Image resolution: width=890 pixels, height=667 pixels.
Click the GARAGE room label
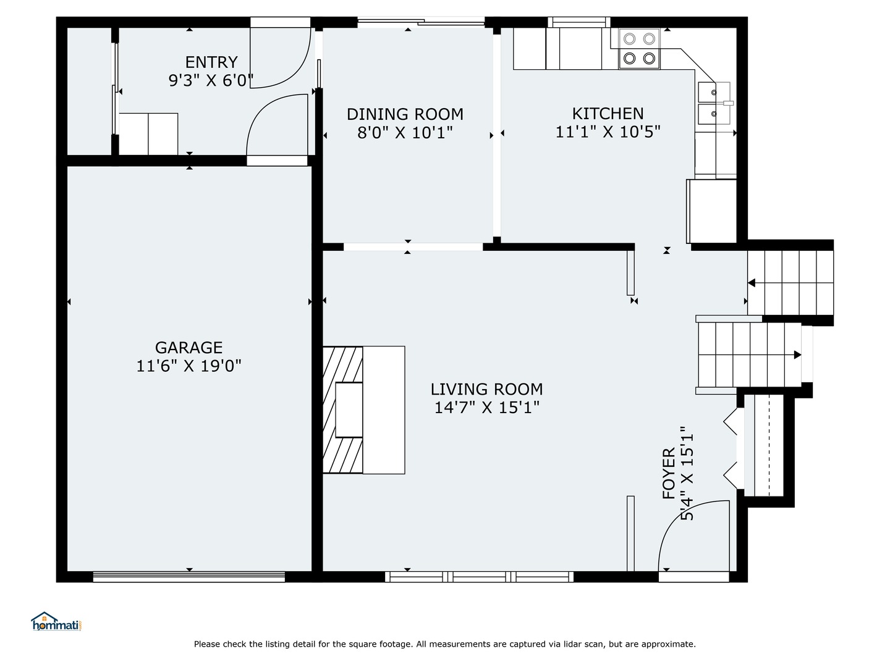point(189,348)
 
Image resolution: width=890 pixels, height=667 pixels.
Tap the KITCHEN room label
point(608,114)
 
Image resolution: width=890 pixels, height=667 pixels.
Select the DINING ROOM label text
point(405,114)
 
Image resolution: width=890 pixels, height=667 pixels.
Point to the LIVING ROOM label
point(486,389)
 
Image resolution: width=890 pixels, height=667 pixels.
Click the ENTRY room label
point(211,62)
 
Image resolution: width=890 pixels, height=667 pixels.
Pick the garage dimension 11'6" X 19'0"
point(189,366)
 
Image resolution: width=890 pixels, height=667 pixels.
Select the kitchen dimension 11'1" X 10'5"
point(608,132)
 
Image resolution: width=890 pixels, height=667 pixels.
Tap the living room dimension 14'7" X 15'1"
point(486,408)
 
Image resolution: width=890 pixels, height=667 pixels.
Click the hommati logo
point(57,621)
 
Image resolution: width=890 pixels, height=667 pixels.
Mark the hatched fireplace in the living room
point(342,410)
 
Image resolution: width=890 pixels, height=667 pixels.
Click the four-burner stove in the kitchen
point(640,49)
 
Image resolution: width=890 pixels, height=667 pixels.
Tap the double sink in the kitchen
point(714,103)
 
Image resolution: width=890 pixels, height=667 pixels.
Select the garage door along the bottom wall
point(189,577)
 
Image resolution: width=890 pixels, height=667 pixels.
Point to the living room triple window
point(479,577)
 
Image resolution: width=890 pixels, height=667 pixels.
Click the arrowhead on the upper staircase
point(752,283)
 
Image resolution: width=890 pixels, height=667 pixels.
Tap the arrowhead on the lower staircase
point(797,354)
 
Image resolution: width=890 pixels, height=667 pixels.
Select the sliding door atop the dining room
point(421,21)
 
